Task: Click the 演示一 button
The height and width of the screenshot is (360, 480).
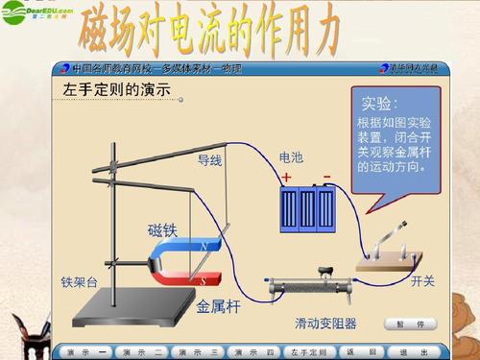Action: pos(85,352)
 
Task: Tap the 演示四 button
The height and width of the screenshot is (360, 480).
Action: pos(254,352)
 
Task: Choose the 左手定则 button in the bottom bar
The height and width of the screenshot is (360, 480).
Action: pos(310,352)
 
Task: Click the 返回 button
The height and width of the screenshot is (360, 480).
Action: pos(356,352)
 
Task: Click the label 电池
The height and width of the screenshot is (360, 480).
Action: pos(290,156)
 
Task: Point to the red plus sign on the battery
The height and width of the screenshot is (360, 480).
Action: pos(285,177)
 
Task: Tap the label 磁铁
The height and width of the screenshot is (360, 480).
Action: pos(162,229)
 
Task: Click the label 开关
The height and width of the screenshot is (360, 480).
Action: pos(422,281)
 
